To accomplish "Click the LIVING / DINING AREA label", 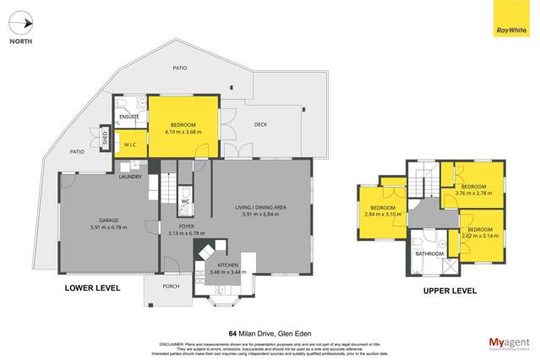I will (x=264, y=206).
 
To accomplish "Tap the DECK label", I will (x=261, y=124).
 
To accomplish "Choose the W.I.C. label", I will (x=131, y=144).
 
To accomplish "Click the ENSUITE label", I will (x=128, y=117).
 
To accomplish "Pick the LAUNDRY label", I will (x=130, y=177).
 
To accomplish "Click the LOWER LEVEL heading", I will (x=92, y=288).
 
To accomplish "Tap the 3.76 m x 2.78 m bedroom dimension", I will (x=472, y=194).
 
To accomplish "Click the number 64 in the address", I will (x=232, y=333).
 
